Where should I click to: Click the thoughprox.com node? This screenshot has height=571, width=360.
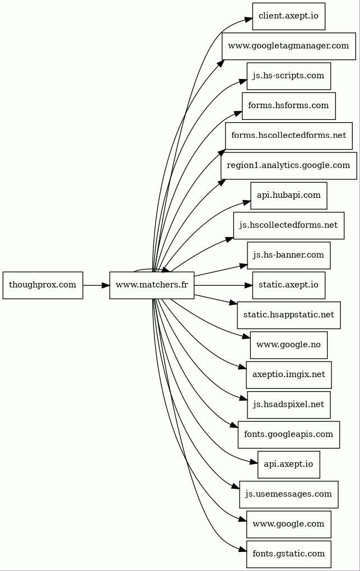[43, 285]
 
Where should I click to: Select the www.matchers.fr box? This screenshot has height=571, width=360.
[152, 285]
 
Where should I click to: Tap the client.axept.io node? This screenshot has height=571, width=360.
[289, 16]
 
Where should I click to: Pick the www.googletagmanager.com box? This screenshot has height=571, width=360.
[289, 47]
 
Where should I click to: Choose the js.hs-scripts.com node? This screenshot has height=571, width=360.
[289, 76]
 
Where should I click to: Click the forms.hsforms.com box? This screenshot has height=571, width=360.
[289, 106]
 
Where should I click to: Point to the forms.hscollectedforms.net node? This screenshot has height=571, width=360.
[289, 136]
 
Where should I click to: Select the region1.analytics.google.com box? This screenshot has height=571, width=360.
[289, 166]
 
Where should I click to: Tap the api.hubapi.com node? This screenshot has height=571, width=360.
[289, 196]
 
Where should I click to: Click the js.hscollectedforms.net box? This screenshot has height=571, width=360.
[289, 225]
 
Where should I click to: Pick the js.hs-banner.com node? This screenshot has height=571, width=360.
[289, 256]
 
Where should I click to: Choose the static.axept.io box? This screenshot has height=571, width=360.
[289, 285]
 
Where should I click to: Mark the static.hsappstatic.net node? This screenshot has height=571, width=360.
[289, 315]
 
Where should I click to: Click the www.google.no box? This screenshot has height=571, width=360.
[289, 345]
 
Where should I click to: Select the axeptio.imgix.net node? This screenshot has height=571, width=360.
[289, 375]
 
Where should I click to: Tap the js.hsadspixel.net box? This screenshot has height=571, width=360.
[289, 405]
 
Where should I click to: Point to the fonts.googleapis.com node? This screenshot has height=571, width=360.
[289, 434]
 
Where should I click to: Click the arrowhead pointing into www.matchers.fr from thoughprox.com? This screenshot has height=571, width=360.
[106, 285]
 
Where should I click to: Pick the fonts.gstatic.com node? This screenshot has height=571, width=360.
[289, 554]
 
